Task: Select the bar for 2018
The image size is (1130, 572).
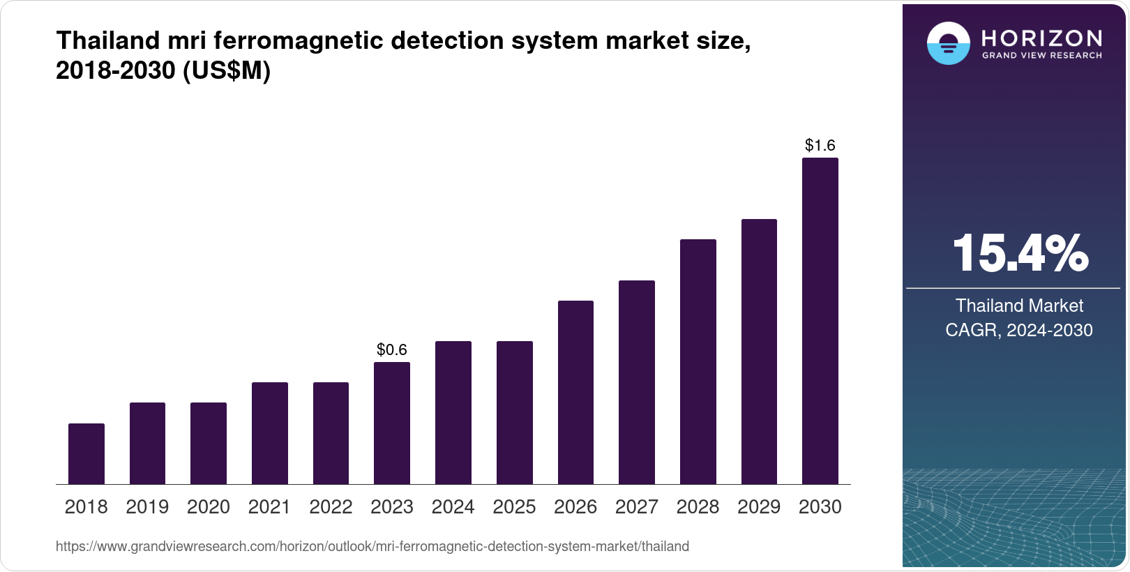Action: (86, 453)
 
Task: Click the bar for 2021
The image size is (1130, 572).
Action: (270, 432)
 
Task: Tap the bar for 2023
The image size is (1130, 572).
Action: (392, 423)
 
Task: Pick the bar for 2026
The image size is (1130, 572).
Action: (575, 392)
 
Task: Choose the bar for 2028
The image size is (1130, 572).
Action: (698, 361)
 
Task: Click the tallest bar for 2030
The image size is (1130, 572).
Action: (820, 321)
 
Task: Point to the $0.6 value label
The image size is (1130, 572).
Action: (392, 349)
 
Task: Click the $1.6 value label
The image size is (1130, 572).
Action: (820, 145)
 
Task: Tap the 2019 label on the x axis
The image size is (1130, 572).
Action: (147, 507)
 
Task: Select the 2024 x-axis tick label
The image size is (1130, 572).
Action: (453, 507)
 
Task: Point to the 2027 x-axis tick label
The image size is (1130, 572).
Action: (636, 507)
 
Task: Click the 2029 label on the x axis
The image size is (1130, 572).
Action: (759, 507)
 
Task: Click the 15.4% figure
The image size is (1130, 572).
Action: (1020, 253)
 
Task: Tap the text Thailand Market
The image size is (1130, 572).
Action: (1019, 306)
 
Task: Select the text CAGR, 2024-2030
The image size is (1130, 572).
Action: (1019, 330)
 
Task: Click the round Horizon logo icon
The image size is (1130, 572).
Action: (948, 43)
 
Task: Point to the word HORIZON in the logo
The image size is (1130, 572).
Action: (1042, 38)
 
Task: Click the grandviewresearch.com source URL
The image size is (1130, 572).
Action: (372, 546)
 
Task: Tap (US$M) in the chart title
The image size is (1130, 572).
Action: (226, 70)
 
